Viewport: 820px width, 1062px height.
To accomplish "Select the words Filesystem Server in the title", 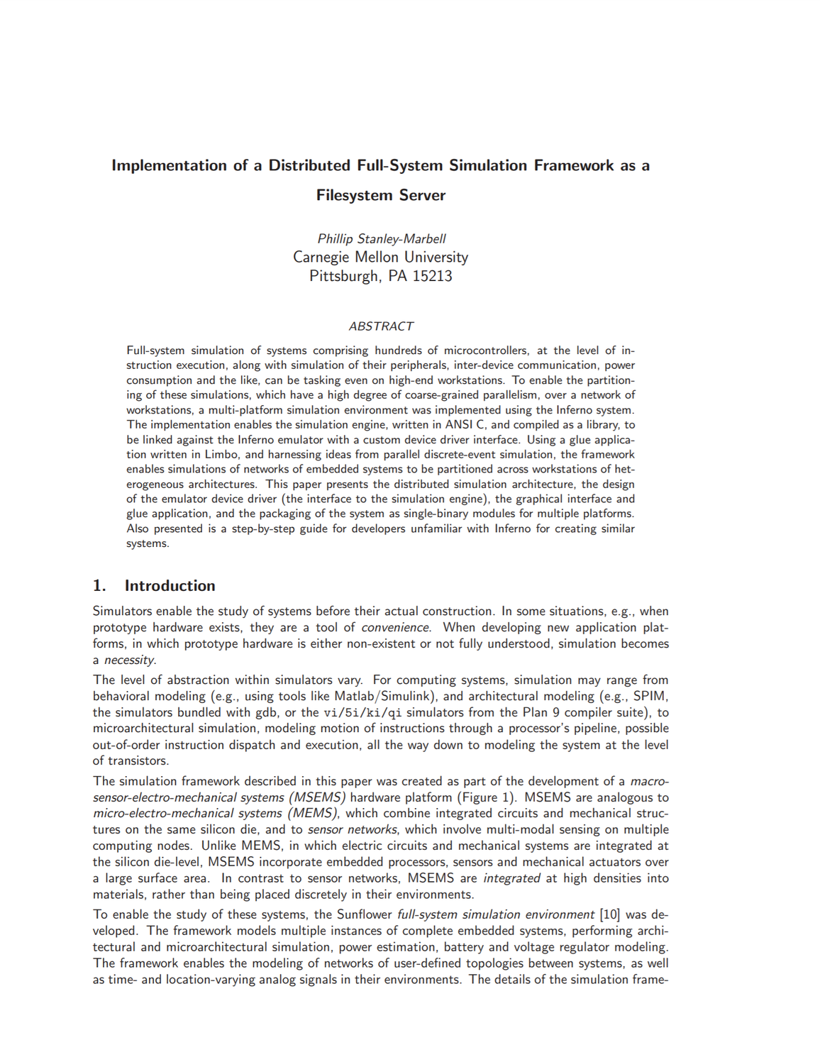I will point(381,195).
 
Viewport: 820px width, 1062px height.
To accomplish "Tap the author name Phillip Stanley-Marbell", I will point(381,238).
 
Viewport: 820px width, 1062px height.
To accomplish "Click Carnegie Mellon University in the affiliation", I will point(381,257).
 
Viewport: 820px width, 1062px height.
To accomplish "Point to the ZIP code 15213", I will point(432,276).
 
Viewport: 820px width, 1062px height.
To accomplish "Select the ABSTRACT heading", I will point(381,326).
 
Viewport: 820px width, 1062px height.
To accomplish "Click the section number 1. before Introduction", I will point(99,586).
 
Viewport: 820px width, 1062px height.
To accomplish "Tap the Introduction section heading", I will point(170,586).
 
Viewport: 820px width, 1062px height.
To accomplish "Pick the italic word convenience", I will point(395,628).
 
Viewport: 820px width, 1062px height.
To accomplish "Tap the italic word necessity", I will point(129,660).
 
